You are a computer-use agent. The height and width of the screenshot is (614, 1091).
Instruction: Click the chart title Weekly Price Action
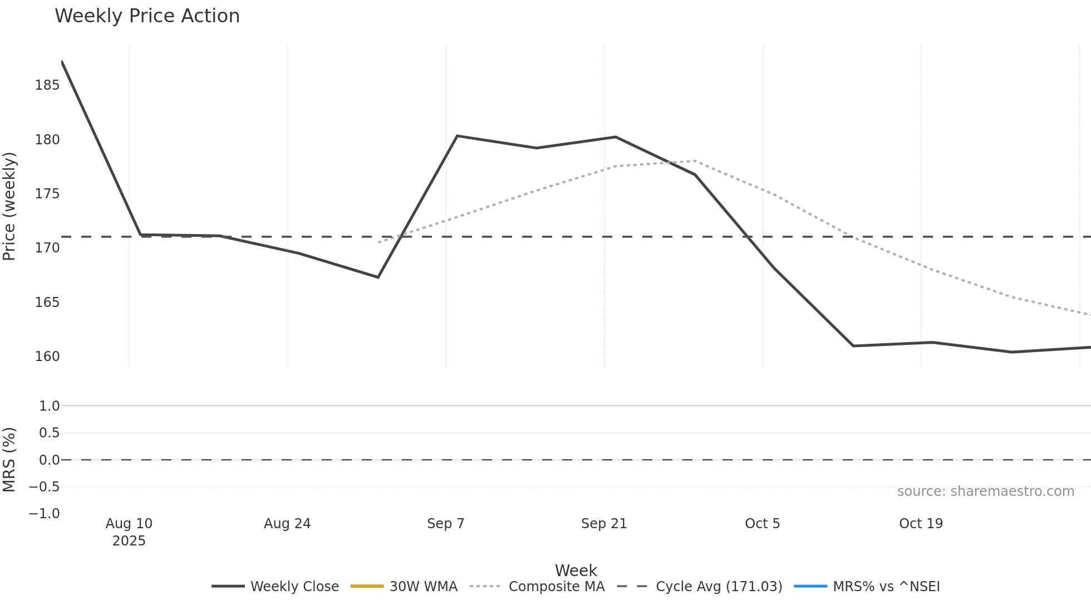click(x=147, y=16)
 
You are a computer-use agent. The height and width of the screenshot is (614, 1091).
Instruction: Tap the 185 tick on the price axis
click(x=47, y=85)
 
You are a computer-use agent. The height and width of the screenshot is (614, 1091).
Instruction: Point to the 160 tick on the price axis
click(x=47, y=357)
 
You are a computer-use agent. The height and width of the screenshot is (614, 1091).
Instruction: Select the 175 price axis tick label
click(x=47, y=194)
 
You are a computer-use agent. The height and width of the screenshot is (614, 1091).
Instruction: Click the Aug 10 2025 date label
click(x=129, y=532)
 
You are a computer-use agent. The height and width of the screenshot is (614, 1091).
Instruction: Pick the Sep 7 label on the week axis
click(x=445, y=524)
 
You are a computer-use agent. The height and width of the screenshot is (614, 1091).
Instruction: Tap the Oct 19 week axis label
click(x=921, y=524)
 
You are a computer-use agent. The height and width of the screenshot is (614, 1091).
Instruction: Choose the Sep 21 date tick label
click(x=604, y=524)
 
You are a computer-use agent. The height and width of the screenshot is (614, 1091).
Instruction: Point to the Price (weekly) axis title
click(x=9, y=206)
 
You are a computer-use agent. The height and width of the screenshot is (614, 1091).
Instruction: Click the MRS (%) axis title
click(x=9, y=460)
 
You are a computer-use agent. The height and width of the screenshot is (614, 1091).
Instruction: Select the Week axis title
click(x=576, y=571)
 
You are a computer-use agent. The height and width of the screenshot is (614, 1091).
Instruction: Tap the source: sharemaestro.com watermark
click(x=985, y=491)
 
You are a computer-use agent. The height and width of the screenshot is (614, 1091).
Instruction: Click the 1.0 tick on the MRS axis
click(x=49, y=406)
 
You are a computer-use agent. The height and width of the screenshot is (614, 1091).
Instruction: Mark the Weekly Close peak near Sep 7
click(x=457, y=136)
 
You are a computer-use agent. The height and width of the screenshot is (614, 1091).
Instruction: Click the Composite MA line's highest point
click(x=695, y=161)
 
